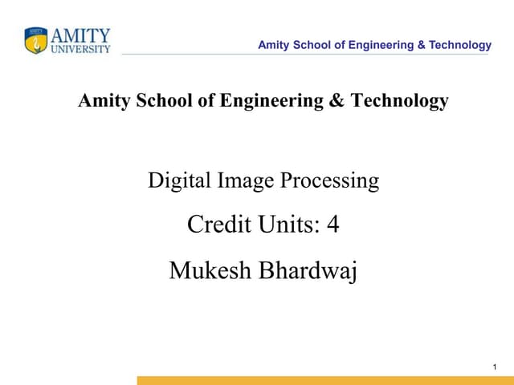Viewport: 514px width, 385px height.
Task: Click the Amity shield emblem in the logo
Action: (x=36, y=41)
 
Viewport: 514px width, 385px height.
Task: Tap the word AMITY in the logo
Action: (x=80, y=36)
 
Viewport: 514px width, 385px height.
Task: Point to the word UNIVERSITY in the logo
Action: (x=80, y=50)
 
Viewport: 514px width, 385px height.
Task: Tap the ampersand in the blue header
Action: (x=422, y=45)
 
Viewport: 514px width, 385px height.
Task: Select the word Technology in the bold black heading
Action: (x=400, y=102)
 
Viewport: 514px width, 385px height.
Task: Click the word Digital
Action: (x=171, y=181)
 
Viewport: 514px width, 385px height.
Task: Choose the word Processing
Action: (x=329, y=181)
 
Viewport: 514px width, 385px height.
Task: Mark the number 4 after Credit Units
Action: (x=333, y=226)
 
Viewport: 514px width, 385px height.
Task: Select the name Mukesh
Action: (x=209, y=271)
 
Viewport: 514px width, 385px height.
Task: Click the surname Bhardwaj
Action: (x=307, y=271)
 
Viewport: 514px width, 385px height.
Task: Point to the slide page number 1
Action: (x=495, y=367)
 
